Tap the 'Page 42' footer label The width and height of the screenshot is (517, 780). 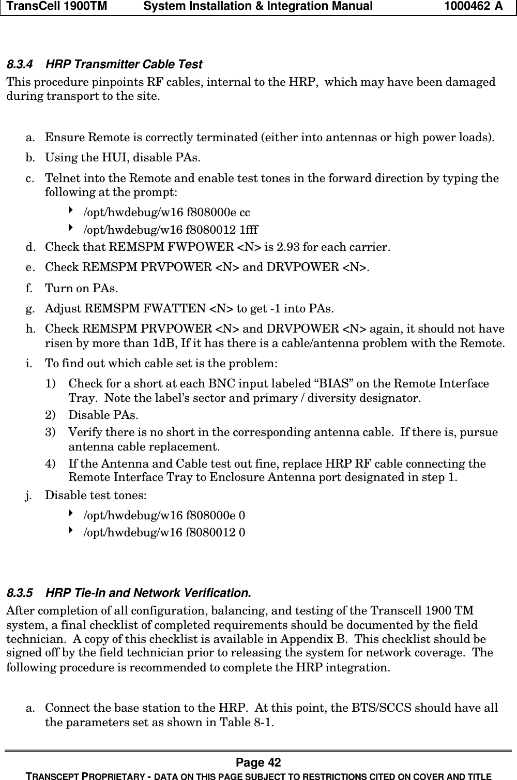(x=258, y=762)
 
